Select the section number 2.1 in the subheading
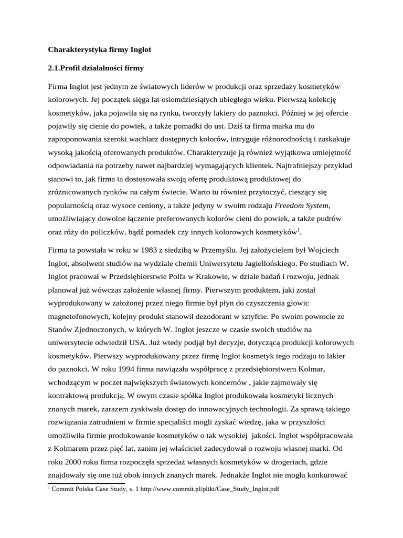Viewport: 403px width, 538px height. pos(55,68)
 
